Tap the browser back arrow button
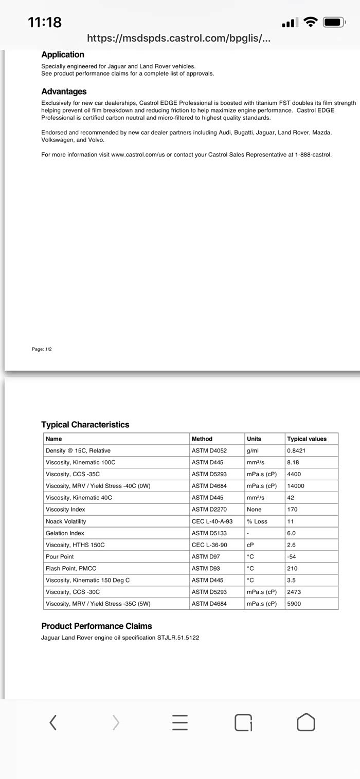(52, 722)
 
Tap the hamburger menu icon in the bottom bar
(180, 722)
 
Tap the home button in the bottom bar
(306, 722)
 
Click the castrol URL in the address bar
(178, 38)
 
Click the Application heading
(63, 55)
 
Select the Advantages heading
(64, 92)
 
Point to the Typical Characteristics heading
(85, 425)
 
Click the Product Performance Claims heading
(97, 626)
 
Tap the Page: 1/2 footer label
(42, 349)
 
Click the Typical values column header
(307, 439)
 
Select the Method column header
(202, 439)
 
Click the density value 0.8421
(296, 451)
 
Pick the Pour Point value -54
(292, 557)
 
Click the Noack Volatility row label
(66, 521)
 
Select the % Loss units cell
(257, 521)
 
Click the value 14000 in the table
(296, 486)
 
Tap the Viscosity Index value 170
(292, 510)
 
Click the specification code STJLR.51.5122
(178, 638)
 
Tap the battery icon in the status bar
(333, 22)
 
